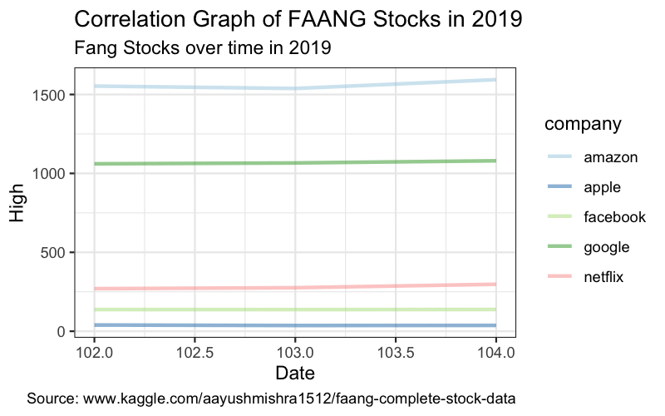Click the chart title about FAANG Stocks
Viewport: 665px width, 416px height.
[298, 19]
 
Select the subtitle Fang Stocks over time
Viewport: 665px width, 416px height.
[203, 48]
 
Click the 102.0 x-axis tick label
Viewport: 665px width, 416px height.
[95, 351]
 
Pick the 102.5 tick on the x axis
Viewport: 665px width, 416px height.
[195, 351]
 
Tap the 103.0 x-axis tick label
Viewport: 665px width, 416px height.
[295, 351]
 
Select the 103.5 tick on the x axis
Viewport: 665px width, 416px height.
[396, 351]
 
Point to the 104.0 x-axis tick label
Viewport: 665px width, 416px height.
[495, 351]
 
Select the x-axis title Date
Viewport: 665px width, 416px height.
[295, 373]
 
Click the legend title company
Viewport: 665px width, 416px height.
[583, 125]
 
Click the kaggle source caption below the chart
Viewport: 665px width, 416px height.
[271, 399]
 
